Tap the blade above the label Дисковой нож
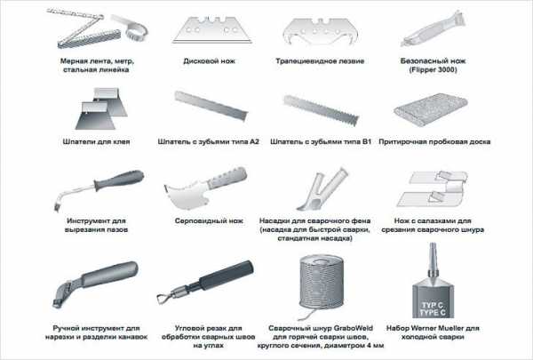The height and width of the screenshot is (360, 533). point(212,30)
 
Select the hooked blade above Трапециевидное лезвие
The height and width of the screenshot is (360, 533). point(321,31)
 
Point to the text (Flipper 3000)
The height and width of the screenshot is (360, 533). point(433,69)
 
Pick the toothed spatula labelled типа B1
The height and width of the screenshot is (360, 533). point(321,110)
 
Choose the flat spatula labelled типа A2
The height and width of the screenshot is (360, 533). point(211,106)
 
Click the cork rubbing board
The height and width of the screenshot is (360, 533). point(430,109)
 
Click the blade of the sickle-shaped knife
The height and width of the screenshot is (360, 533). point(186,195)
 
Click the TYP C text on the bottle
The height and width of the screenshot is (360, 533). point(433,305)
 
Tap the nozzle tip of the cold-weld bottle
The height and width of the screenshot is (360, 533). point(433,245)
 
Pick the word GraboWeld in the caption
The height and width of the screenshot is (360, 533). point(354,328)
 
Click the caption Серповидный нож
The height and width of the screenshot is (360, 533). point(209,220)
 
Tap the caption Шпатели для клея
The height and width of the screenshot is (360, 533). point(96,141)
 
